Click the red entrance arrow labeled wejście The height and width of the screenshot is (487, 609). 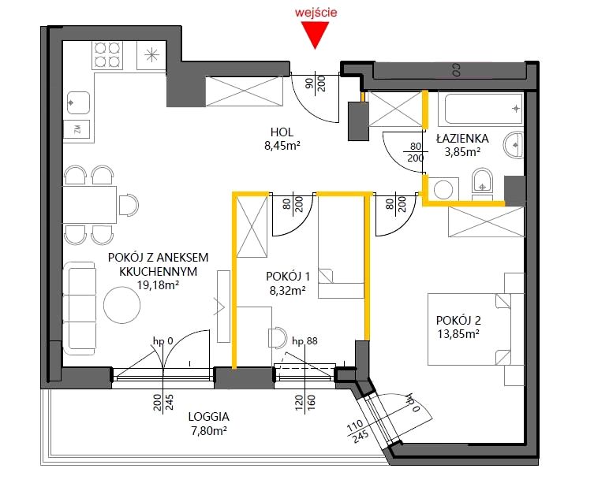click(x=315, y=35)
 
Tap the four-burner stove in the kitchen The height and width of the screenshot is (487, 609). click(x=107, y=55)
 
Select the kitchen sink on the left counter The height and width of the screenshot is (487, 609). click(x=78, y=102)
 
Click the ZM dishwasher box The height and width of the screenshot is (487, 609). click(x=78, y=129)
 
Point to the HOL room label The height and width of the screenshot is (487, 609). click(x=282, y=132)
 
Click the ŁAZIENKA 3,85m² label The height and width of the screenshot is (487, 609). click(x=462, y=145)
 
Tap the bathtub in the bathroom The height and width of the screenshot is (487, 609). click(x=481, y=108)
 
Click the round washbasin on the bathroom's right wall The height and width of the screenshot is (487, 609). click(x=514, y=145)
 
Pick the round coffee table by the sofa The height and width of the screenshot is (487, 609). click(x=122, y=305)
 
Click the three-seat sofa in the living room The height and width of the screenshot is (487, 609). click(x=79, y=308)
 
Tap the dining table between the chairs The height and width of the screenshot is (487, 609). click(x=90, y=205)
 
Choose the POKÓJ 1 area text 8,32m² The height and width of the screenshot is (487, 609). click(x=287, y=290)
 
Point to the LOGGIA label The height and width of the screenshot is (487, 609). click(x=208, y=417)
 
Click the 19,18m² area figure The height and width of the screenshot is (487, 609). click(x=158, y=285)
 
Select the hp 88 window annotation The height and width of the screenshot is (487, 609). click(x=304, y=341)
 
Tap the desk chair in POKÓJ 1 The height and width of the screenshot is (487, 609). click(x=278, y=337)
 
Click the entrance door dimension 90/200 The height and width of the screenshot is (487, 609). click(x=316, y=84)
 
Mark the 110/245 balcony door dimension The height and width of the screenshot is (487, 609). click(x=357, y=432)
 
